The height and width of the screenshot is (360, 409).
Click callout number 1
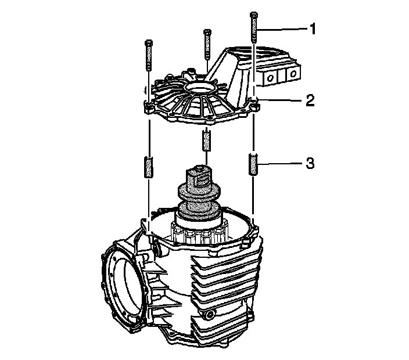pos(312,28)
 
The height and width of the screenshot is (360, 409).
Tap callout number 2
pos(310,100)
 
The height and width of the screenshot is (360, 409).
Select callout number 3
pos(310,164)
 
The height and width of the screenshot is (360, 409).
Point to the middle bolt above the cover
pos(206,45)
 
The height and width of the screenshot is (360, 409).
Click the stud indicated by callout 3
pos(253,164)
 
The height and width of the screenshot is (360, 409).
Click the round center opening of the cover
pos(201,89)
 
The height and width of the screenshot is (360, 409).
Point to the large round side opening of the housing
pos(123,290)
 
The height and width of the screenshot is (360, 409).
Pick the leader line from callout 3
pos(282,164)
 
